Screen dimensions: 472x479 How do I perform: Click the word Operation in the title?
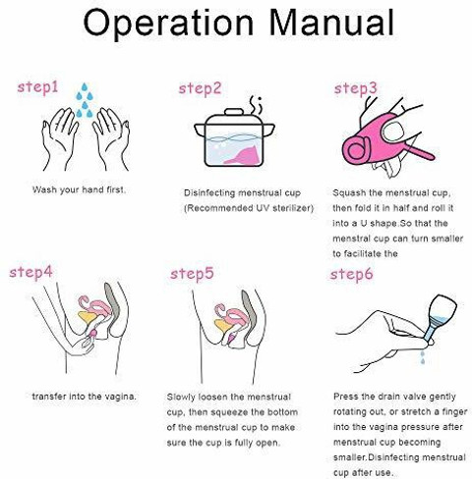[168, 23]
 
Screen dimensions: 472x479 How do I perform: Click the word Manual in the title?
[331, 22]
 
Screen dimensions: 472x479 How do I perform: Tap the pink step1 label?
[37, 87]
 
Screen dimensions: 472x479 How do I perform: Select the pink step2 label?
[200, 88]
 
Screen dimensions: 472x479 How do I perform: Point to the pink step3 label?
[356, 88]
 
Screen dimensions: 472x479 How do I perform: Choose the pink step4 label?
[30, 272]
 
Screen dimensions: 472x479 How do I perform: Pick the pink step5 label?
[192, 274]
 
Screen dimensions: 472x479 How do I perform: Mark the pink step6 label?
[351, 274]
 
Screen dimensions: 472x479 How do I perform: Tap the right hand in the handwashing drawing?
[111, 139]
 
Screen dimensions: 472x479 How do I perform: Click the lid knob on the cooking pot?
[234, 112]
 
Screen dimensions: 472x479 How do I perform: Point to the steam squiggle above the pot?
[256, 105]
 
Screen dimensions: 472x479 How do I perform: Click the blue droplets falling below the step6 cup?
[423, 358]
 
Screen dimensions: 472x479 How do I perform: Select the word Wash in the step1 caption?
[44, 189]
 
